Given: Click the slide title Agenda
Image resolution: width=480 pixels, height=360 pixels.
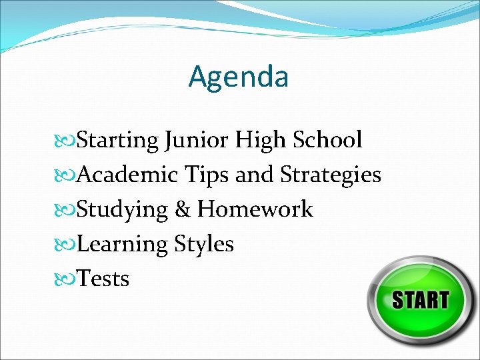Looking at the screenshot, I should pyautogui.click(x=239, y=77).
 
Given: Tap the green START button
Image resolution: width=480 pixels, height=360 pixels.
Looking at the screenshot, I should pyautogui.click(x=420, y=299).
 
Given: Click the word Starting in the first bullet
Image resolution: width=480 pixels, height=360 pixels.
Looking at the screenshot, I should pyautogui.click(x=117, y=141).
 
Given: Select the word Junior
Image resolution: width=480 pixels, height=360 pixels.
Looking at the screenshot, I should pyautogui.click(x=196, y=141).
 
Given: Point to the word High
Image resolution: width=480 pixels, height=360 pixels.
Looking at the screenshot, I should pyautogui.click(x=259, y=141).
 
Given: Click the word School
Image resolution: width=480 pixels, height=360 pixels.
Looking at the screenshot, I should pyautogui.click(x=327, y=140).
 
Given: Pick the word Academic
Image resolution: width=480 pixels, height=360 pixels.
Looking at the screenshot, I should pyautogui.click(x=127, y=175).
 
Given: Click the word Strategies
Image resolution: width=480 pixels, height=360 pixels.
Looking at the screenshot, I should pyautogui.click(x=331, y=175).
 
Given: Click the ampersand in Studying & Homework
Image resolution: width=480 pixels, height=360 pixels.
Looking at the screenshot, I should pyautogui.click(x=182, y=209).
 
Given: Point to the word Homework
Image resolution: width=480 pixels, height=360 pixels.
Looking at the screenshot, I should pyautogui.click(x=255, y=209).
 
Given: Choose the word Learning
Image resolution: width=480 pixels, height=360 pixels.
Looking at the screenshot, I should pyautogui.click(x=122, y=245).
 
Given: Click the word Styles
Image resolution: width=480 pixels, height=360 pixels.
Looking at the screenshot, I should pyautogui.click(x=204, y=245).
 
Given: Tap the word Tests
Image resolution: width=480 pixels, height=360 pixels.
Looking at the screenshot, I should pyautogui.click(x=103, y=279).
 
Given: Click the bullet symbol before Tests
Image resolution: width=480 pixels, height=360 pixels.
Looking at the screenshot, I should pyautogui.click(x=65, y=279).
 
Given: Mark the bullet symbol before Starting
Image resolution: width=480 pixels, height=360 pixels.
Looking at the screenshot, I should pyautogui.click(x=65, y=141).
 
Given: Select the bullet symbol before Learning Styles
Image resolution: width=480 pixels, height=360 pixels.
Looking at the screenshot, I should pyautogui.click(x=65, y=244).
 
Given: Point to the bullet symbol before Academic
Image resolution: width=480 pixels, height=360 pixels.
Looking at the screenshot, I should pyautogui.click(x=65, y=175).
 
